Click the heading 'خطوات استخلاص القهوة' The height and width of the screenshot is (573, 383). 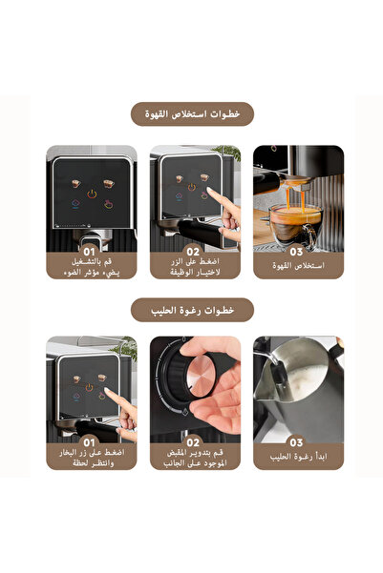click(191, 114)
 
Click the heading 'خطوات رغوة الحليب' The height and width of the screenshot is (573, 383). click(191, 310)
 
